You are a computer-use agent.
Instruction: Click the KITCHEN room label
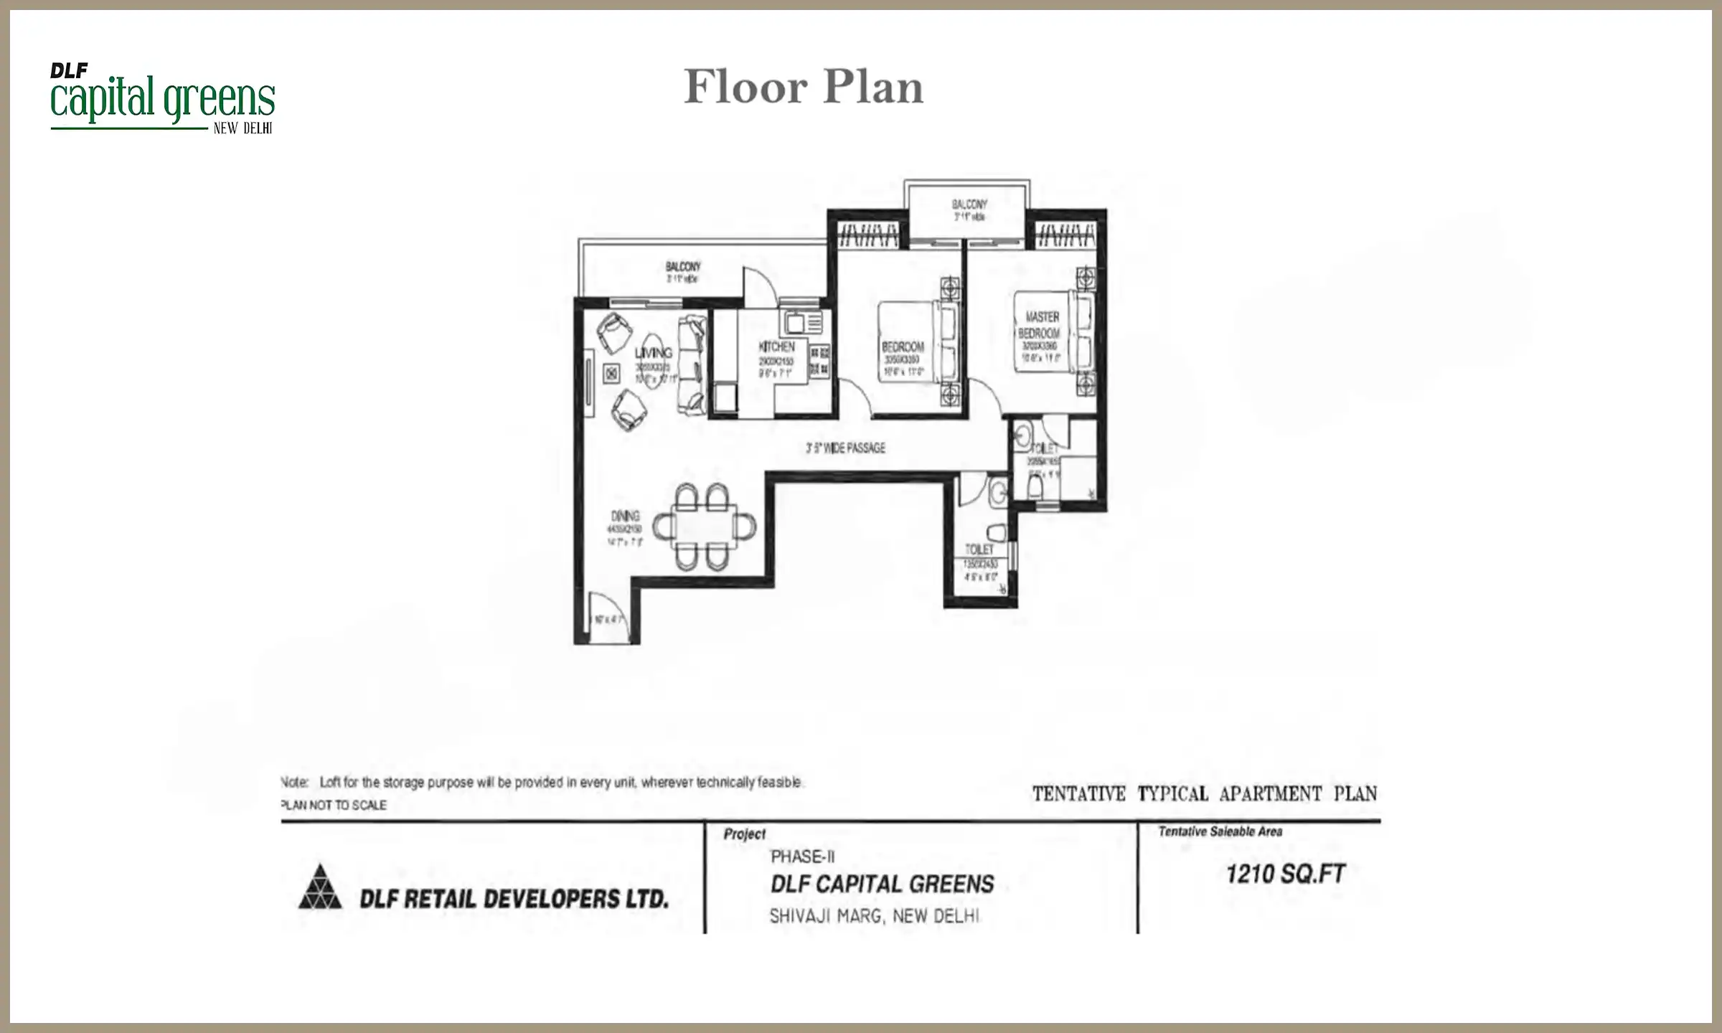(776, 347)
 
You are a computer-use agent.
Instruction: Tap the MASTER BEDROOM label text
(1040, 325)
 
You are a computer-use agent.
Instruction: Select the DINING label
(625, 516)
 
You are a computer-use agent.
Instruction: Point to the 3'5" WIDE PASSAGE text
(845, 448)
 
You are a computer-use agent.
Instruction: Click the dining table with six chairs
(704, 527)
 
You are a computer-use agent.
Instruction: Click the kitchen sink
(796, 324)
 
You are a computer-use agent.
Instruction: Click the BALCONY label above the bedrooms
(969, 204)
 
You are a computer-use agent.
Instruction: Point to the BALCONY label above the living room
(682, 267)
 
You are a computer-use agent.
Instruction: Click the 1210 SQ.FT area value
(1285, 874)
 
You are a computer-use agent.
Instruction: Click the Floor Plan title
(803, 87)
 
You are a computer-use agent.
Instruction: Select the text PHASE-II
(802, 857)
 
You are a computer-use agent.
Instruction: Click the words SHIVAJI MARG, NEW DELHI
(874, 916)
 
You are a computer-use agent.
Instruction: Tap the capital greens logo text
(163, 99)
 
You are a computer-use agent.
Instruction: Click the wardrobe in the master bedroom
(1067, 235)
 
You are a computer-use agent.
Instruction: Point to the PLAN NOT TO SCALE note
(334, 805)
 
